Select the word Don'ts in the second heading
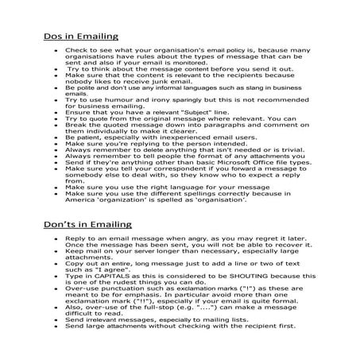click(60, 226)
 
